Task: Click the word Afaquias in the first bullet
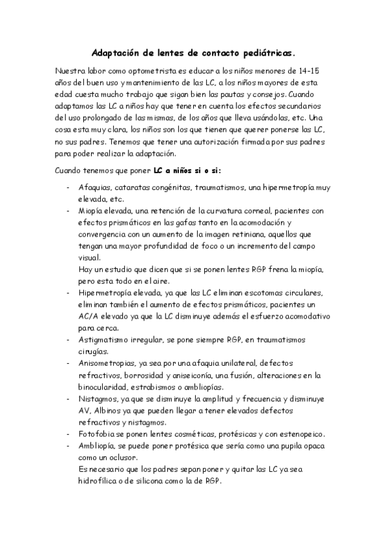(x=96, y=187)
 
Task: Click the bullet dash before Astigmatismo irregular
(x=68, y=339)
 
